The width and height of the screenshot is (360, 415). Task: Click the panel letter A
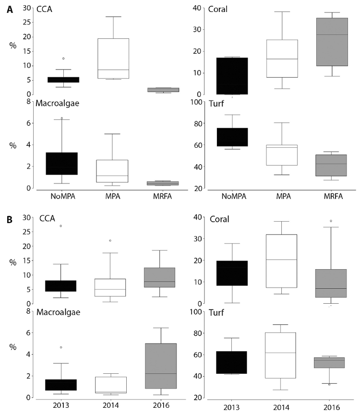[x=9, y=10]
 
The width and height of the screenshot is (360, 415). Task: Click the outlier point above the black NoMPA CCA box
[x=63, y=59]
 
